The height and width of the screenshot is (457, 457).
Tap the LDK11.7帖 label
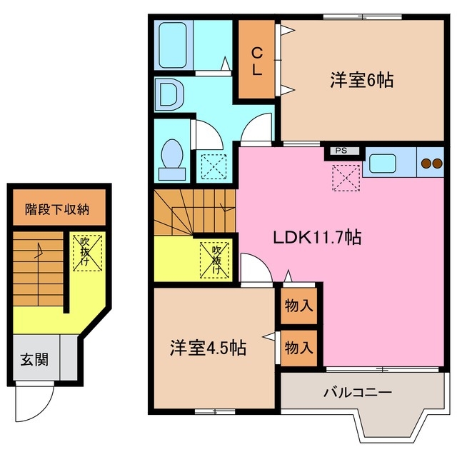pyautogui.click(x=318, y=238)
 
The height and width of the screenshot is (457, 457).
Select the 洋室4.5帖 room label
pyautogui.click(x=208, y=348)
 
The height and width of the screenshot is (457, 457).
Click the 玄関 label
pyautogui.click(x=34, y=359)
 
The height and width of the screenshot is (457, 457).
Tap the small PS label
pyautogui.click(x=341, y=151)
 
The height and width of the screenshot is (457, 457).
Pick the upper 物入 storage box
pyautogui.click(x=299, y=306)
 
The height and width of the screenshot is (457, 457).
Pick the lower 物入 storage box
pyautogui.click(x=299, y=348)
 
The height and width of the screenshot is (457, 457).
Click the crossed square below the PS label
pyautogui.click(x=347, y=176)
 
